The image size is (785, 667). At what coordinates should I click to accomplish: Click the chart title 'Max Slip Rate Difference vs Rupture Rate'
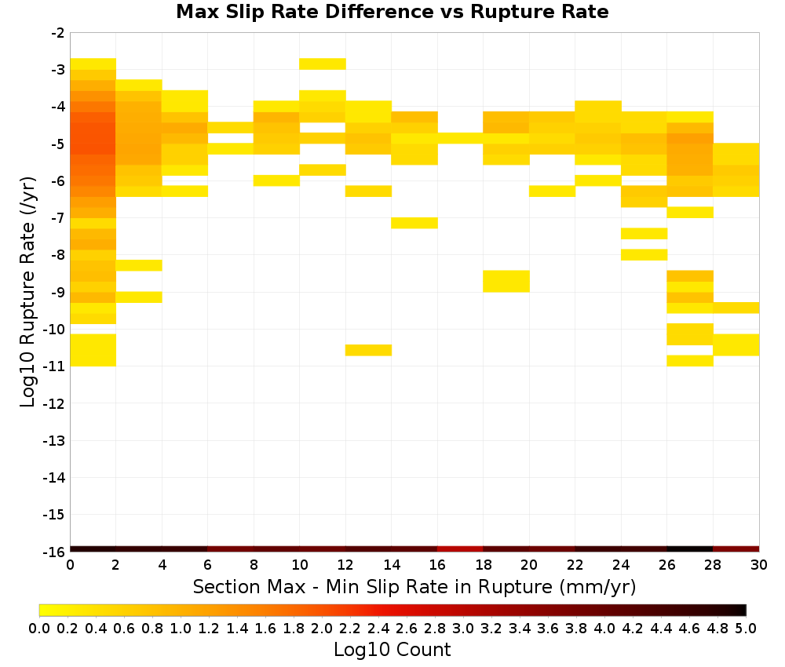click(x=392, y=12)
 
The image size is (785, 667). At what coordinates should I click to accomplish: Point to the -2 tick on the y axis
click(x=57, y=33)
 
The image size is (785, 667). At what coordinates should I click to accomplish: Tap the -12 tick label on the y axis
click(x=54, y=403)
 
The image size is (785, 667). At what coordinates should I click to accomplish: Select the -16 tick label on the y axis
click(x=54, y=552)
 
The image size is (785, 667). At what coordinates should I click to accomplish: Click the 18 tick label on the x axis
click(x=483, y=565)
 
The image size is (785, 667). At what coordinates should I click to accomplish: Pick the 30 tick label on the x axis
click(x=759, y=565)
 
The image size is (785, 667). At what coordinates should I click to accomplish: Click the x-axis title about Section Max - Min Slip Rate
click(x=414, y=586)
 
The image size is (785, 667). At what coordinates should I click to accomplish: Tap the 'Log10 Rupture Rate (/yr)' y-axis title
click(x=27, y=292)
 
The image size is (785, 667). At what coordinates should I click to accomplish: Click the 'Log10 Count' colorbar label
click(x=392, y=650)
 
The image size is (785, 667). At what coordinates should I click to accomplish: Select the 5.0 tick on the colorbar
click(x=746, y=628)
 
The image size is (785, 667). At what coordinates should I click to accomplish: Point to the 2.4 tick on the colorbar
click(x=378, y=628)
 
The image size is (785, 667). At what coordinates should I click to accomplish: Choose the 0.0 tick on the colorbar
click(x=39, y=628)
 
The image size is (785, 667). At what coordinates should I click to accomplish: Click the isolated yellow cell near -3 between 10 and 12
click(x=323, y=64)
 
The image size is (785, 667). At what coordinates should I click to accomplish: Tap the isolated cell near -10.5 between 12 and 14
click(x=368, y=350)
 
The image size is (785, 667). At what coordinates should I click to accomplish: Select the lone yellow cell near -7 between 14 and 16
click(x=414, y=223)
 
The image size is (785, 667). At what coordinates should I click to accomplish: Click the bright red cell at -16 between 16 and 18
click(x=460, y=549)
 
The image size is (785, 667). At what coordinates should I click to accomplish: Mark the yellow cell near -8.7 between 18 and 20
click(x=506, y=281)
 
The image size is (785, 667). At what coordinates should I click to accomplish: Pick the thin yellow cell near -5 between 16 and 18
click(x=460, y=138)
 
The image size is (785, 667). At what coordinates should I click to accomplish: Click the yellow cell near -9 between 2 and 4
click(x=139, y=297)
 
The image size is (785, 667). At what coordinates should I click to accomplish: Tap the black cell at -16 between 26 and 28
click(x=690, y=549)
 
